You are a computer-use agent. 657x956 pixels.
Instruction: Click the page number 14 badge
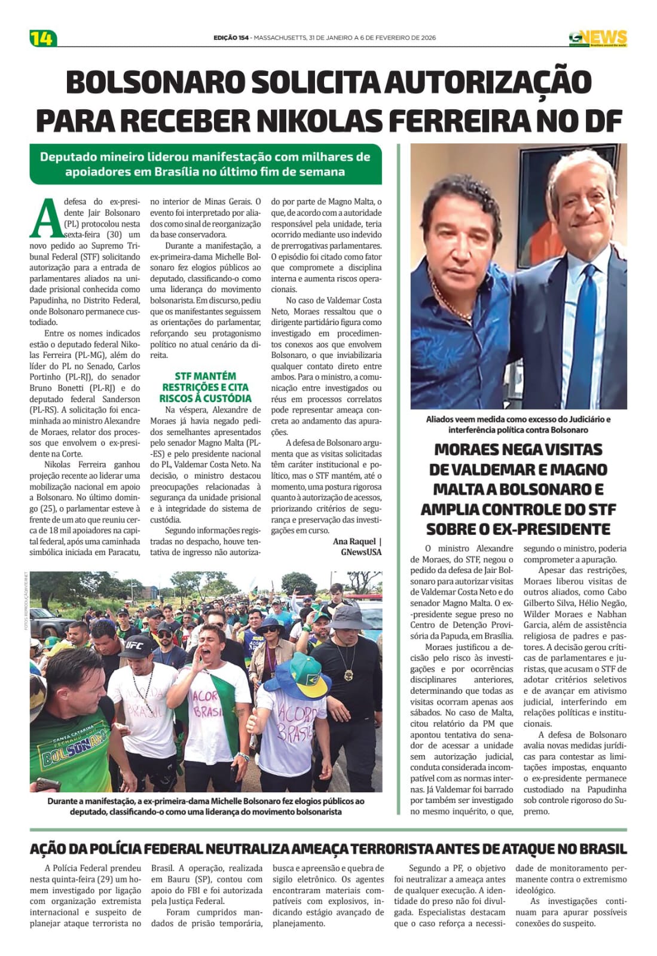point(42,38)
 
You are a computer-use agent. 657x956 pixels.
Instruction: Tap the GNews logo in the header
point(597,38)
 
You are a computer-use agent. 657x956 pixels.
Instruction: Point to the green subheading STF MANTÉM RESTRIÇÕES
point(205,387)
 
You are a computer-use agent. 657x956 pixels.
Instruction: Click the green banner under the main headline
point(205,164)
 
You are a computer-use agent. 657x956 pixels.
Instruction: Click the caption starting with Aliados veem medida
point(518,424)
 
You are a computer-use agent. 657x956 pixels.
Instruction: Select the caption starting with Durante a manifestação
point(206,806)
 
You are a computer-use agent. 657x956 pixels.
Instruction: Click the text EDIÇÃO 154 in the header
point(231,38)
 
